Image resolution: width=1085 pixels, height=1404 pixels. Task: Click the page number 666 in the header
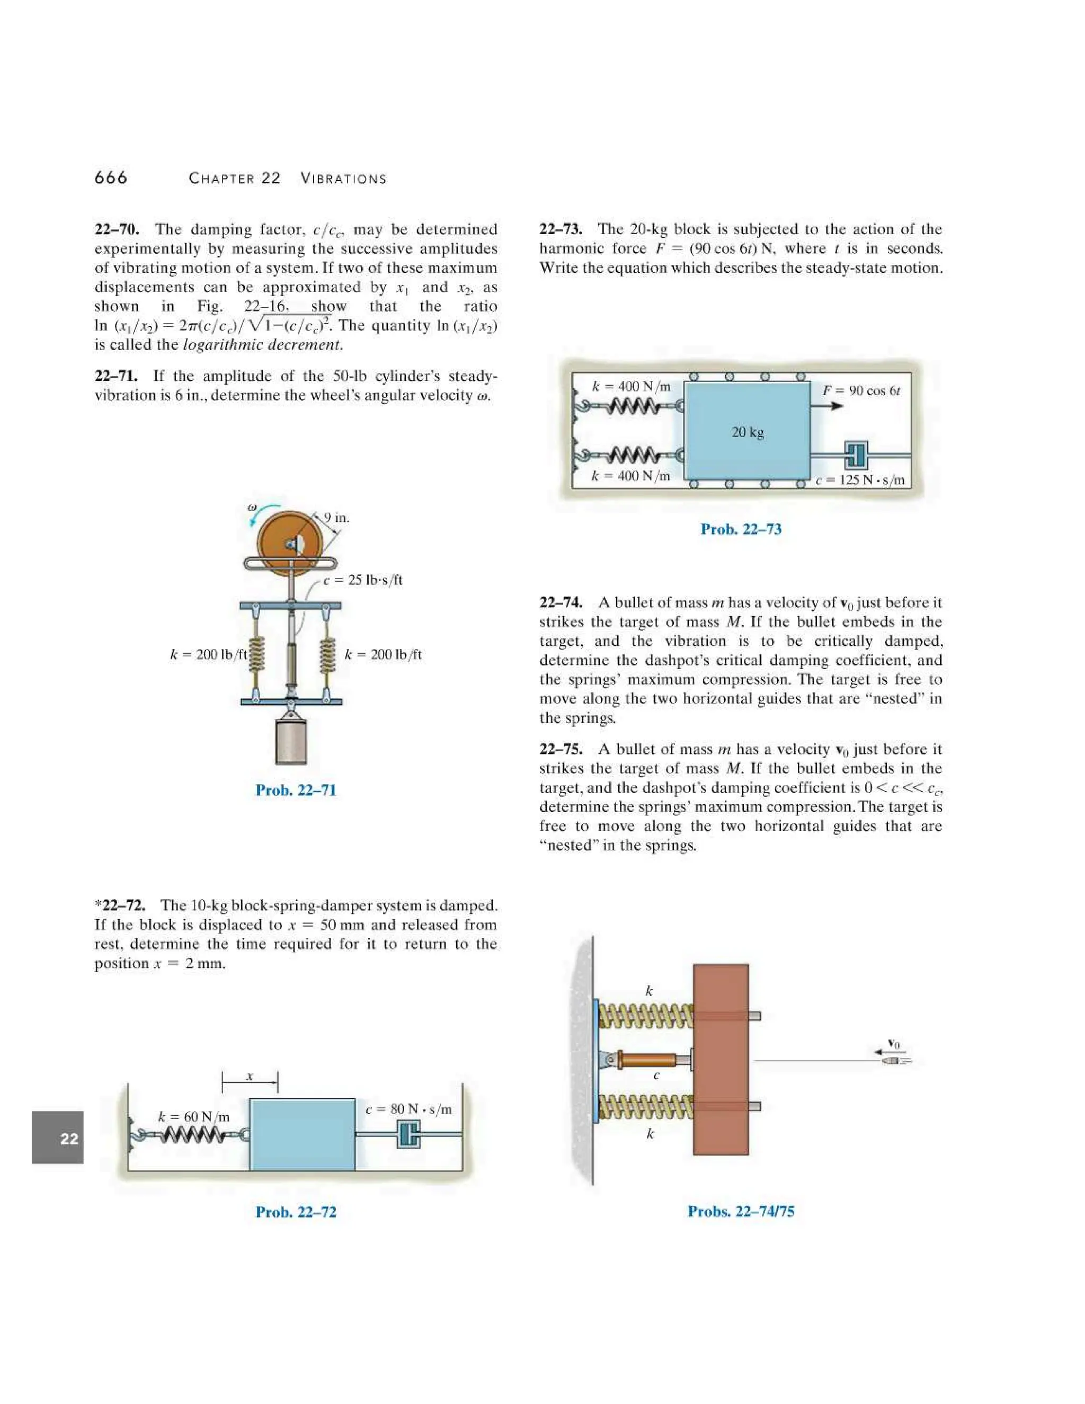[111, 177]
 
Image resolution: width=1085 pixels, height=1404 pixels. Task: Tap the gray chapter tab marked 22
[58, 1139]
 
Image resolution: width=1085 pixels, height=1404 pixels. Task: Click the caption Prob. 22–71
[296, 790]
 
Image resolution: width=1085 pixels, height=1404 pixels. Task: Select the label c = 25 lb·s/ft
[362, 580]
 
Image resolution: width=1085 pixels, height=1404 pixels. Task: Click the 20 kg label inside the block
[748, 432]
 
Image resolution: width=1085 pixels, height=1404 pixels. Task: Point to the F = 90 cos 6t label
[861, 390]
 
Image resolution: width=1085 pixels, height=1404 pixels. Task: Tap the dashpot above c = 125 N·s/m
[856, 455]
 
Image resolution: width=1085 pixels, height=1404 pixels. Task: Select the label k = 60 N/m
[193, 1117]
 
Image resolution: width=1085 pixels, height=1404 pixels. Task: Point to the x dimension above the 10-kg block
[250, 1076]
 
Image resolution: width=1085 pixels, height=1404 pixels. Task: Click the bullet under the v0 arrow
[892, 1060]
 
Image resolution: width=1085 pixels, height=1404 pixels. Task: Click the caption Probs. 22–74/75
[741, 1211]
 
